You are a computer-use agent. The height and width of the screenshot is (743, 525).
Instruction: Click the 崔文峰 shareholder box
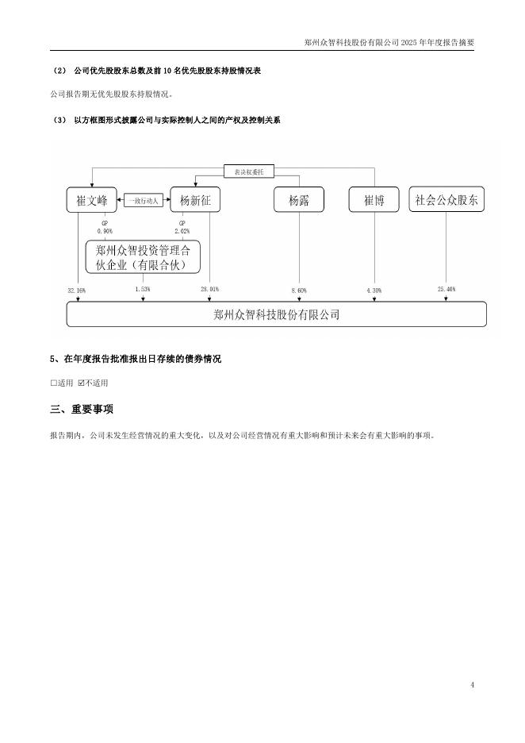click(92, 200)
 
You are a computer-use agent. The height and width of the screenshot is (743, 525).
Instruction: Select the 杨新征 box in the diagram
click(195, 200)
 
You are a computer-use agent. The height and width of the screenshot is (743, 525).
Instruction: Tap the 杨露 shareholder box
click(299, 200)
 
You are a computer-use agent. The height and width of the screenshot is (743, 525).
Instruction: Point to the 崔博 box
click(374, 200)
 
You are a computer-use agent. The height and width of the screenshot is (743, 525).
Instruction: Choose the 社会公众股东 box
click(446, 200)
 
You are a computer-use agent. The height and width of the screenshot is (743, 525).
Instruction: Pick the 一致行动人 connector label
click(144, 201)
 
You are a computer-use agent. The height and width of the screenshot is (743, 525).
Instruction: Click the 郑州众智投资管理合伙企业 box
click(143, 256)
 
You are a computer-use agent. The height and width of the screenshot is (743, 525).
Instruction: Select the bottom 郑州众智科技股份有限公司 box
click(276, 314)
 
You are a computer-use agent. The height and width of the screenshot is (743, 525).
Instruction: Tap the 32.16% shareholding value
click(77, 291)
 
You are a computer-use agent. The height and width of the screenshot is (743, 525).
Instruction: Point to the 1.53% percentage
click(143, 290)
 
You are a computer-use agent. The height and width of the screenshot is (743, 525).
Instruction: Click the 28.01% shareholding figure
click(209, 290)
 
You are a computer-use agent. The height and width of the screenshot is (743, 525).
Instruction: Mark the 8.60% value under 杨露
click(299, 291)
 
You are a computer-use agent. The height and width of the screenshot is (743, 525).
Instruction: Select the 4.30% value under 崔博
click(374, 291)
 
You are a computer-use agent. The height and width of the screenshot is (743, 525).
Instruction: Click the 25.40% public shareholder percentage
click(446, 290)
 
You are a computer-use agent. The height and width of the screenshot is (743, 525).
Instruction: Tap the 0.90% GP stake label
click(105, 231)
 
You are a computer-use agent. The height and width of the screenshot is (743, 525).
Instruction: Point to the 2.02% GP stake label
click(182, 231)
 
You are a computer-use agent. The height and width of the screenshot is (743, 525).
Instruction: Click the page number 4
click(472, 684)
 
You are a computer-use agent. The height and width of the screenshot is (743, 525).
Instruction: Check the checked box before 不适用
click(81, 383)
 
